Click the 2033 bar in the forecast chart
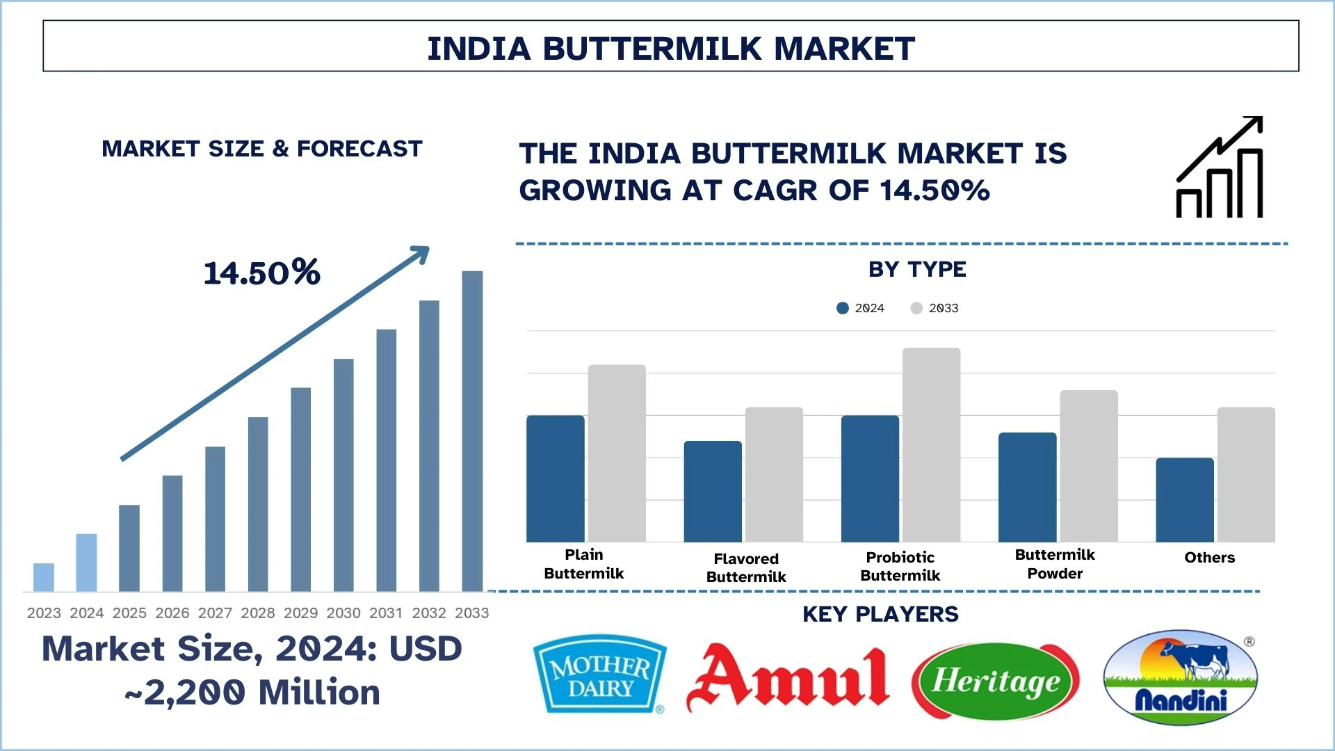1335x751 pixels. (x=472, y=430)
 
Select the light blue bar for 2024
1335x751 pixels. (x=86, y=562)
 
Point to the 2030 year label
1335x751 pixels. (x=343, y=613)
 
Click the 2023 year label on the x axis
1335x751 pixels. (x=44, y=613)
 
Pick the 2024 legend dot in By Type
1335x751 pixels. (x=843, y=308)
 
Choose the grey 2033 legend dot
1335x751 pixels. (x=916, y=308)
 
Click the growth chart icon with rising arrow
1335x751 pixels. (x=1219, y=167)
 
